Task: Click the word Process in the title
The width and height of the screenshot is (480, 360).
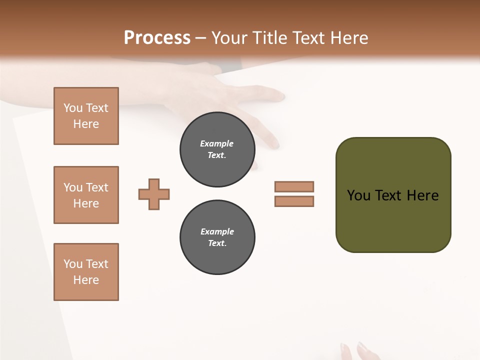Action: pos(157,38)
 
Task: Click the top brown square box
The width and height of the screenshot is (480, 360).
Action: pos(86,116)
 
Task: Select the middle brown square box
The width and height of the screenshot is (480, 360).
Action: pos(86,195)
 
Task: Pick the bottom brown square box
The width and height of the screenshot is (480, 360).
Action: pos(86,272)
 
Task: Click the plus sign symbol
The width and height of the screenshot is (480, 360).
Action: pos(154,194)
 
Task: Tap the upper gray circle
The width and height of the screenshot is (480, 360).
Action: pos(217,149)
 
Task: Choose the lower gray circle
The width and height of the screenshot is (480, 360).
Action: pos(217,237)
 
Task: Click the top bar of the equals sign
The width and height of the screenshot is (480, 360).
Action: pos(294,186)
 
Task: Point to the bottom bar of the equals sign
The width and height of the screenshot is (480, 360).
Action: pos(294,201)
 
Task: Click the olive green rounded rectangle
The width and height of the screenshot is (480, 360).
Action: pos(393,220)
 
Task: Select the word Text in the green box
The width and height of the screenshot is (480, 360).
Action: pos(388,195)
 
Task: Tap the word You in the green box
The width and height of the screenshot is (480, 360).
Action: pos(358,195)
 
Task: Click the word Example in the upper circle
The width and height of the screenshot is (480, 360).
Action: pos(217,143)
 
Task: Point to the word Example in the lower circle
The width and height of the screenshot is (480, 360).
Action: pos(217,231)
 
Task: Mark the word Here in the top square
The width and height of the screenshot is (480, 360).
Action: pos(86,124)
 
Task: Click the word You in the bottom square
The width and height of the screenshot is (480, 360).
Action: pos(73,264)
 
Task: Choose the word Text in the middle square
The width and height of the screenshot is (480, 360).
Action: pos(96,187)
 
